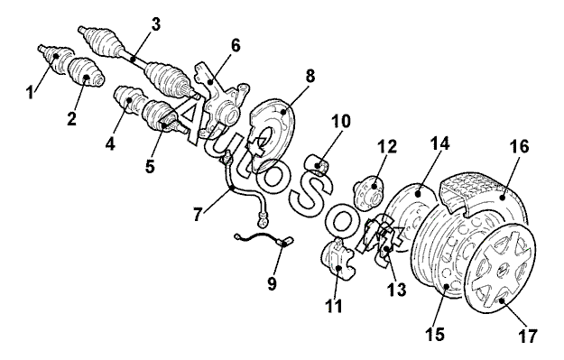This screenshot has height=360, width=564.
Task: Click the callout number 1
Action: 30,91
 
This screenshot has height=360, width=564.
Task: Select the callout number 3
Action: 155,25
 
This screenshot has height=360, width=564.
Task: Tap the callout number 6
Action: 236,46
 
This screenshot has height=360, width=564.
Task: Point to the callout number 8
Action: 310,76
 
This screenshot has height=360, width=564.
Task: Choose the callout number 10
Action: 340,121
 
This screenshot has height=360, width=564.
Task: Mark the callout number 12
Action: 387,146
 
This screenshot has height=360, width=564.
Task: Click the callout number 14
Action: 439,143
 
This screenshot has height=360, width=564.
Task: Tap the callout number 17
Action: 527,336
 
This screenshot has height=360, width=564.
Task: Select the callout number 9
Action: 272,283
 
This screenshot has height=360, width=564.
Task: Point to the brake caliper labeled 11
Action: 337,258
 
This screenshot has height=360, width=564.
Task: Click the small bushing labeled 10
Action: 319,165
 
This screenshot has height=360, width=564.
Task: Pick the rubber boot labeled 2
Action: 86,72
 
